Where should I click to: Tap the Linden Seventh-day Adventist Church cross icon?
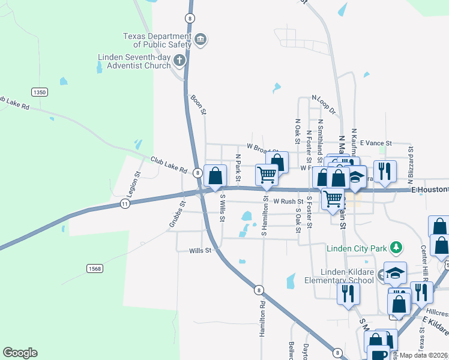(179, 60)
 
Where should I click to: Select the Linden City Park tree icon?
(396, 247)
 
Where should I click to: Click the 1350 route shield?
(40, 92)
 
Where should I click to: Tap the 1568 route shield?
(94, 268)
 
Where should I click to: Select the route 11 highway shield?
(124, 204)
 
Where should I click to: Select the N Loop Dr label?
(324, 104)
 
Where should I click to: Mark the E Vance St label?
(376, 143)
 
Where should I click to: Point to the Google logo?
(20, 353)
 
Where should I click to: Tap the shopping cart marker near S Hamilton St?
(267, 175)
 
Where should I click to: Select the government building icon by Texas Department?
(200, 40)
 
